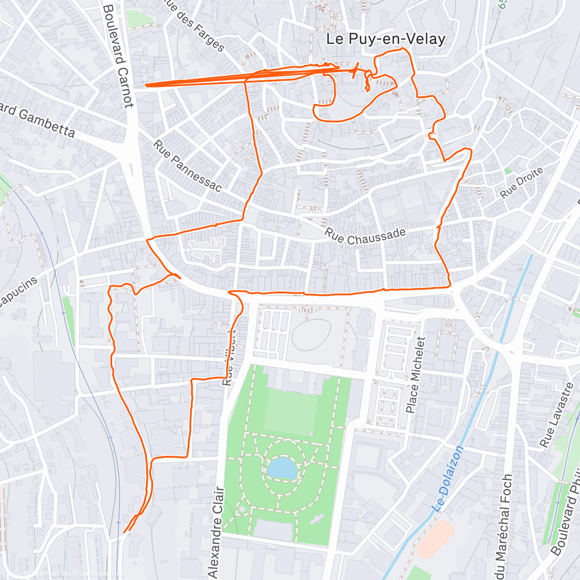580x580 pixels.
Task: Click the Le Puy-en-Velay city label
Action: (x=385, y=39)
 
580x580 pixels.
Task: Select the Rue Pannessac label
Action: (x=187, y=165)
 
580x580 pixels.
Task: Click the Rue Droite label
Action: (x=522, y=182)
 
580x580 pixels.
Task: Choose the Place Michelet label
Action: (x=415, y=375)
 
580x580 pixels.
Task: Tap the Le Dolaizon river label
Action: (x=448, y=478)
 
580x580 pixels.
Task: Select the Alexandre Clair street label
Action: (x=216, y=532)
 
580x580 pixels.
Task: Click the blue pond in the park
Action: (x=282, y=468)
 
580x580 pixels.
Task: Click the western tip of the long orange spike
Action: (x=145, y=86)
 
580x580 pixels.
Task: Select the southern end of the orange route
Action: (x=125, y=532)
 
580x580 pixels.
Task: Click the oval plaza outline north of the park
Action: (x=311, y=333)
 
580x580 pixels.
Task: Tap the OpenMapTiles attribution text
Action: (x=51, y=574)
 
